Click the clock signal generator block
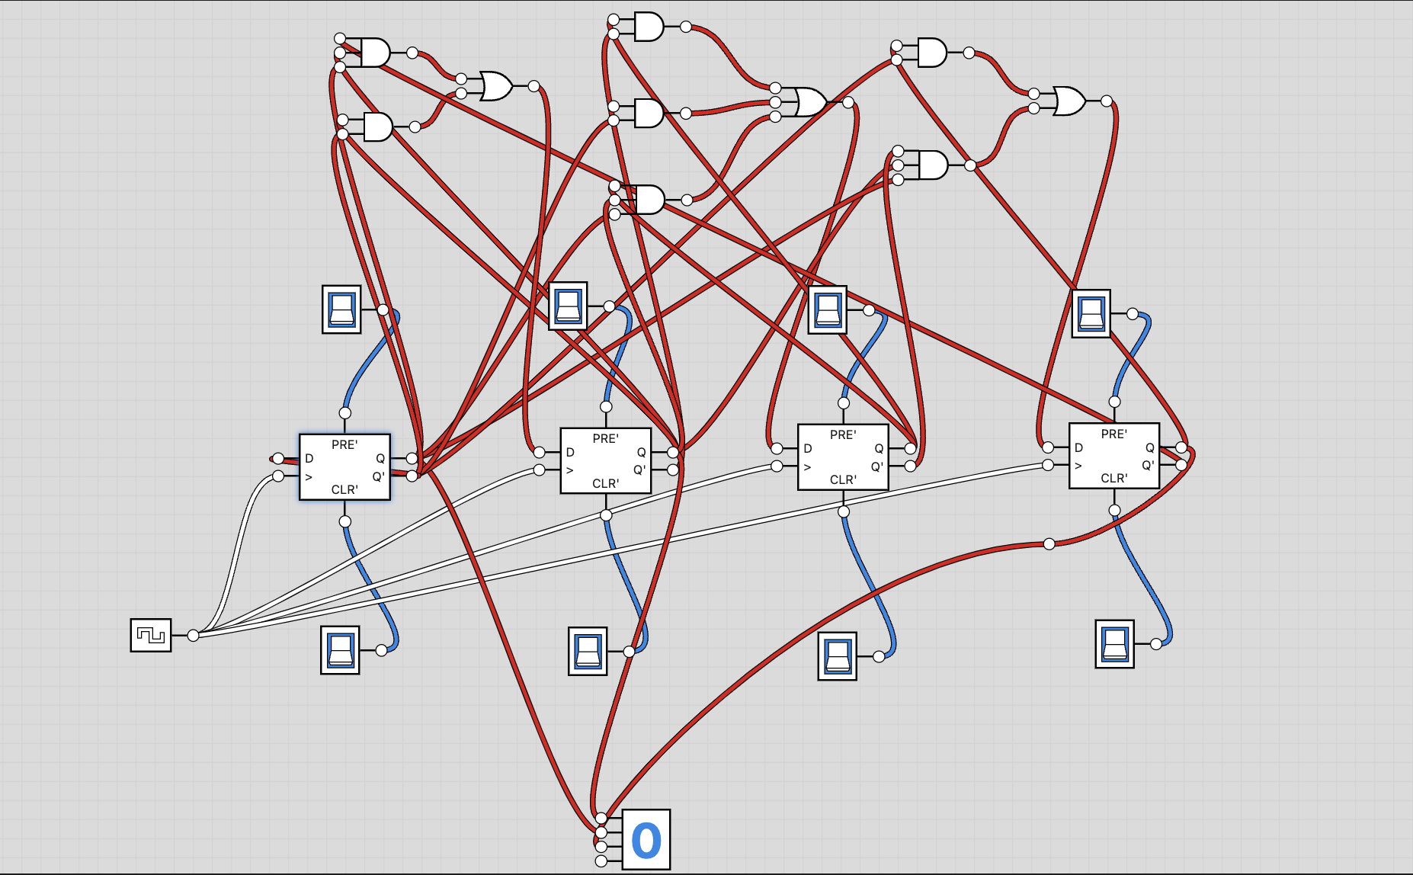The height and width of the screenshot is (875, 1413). click(x=151, y=635)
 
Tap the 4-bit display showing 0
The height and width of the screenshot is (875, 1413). click(x=646, y=839)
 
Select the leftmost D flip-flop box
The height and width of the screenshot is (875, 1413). click(x=344, y=467)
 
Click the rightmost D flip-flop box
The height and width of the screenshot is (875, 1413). click(x=1113, y=456)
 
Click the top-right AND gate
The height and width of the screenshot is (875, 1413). click(x=932, y=53)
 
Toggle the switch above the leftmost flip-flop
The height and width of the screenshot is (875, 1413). click(x=341, y=309)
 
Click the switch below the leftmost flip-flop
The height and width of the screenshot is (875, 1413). click(x=340, y=650)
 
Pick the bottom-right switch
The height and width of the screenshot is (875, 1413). click(x=1114, y=644)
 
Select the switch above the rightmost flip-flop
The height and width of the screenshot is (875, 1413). click(x=1091, y=313)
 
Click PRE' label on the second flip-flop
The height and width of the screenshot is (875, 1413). click(x=605, y=438)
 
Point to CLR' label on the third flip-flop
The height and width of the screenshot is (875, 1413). click(x=843, y=479)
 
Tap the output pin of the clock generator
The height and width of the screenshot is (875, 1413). click(x=194, y=635)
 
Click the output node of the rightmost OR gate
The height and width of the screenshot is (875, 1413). click(x=1107, y=101)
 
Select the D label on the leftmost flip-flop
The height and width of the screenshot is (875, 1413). click(x=309, y=459)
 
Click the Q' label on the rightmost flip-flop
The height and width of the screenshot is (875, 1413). click(x=1148, y=465)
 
